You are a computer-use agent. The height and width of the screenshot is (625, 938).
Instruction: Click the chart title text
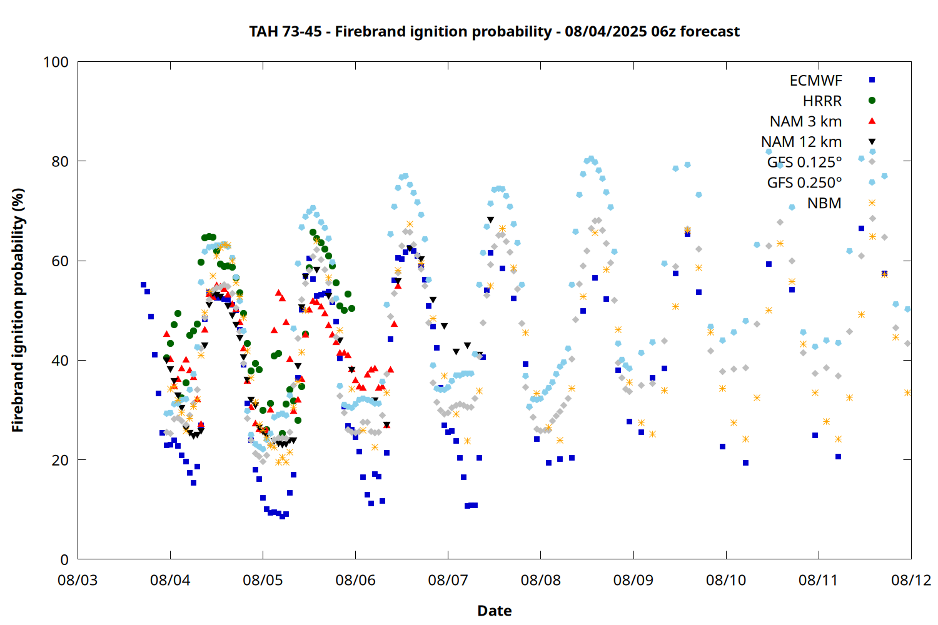[494, 32]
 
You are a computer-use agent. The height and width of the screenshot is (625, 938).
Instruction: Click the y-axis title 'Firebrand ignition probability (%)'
[18, 310]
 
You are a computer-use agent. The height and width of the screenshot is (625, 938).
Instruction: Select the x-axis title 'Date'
[495, 611]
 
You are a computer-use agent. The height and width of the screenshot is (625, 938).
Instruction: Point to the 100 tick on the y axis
[56, 62]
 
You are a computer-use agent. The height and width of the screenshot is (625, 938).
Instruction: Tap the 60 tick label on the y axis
[60, 261]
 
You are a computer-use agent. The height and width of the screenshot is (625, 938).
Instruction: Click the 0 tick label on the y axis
[64, 559]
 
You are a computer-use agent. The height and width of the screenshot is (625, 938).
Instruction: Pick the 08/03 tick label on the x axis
[78, 580]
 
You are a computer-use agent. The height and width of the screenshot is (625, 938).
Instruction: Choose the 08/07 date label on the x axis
[448, 580]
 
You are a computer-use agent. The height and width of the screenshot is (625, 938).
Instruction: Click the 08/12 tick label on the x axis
[911, 580]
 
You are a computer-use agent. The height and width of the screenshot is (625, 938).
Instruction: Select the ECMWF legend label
[815, 81]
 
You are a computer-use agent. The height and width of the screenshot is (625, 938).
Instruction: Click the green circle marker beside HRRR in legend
[872, 101]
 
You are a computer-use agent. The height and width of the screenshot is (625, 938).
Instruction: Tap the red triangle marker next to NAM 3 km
[872, 121]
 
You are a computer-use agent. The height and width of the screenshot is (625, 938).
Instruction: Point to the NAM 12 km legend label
[802, 142]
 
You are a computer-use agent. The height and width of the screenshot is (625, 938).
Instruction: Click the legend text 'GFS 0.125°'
[804, 162]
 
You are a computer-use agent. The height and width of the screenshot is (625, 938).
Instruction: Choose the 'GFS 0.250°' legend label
[804, 183]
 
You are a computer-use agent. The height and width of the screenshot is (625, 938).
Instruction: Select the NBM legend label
[825, 203]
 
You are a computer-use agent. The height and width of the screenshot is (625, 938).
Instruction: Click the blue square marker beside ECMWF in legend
[872, 79]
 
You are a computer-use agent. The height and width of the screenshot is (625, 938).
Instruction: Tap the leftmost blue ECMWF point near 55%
[143, 284]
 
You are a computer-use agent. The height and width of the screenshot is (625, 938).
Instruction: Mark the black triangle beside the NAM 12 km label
[872, 142]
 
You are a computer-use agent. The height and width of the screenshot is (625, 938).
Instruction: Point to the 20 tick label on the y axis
[60, 459]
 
